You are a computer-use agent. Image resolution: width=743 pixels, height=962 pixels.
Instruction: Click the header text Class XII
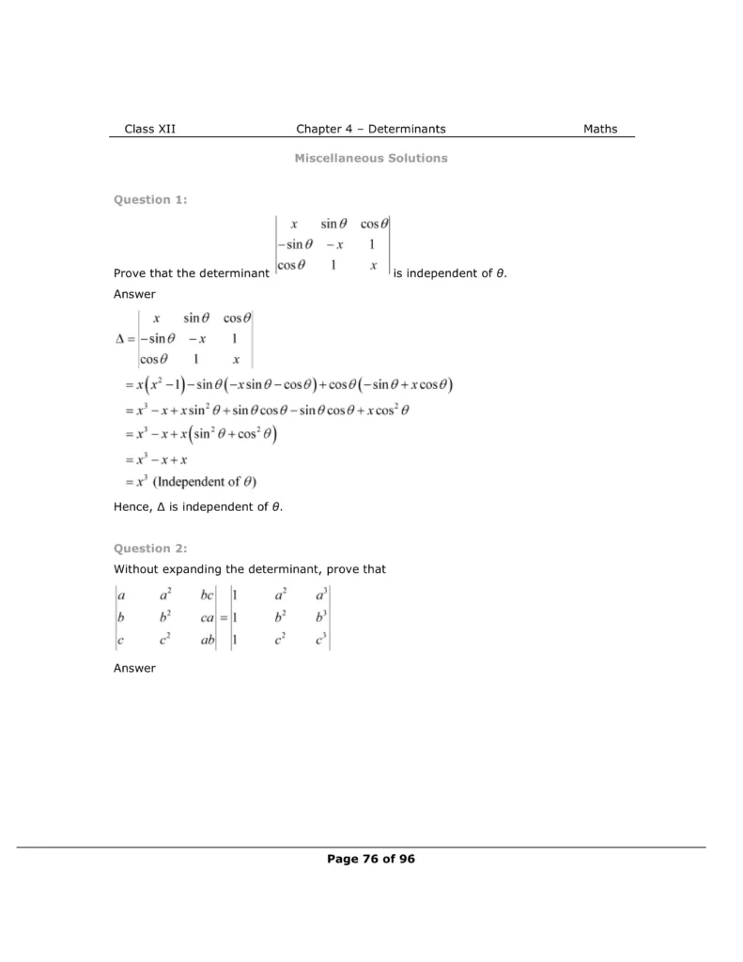[149, 129]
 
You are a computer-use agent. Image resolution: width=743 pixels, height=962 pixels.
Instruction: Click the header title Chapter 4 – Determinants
[370, 129]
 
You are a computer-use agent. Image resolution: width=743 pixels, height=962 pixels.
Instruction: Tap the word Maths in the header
[600, 129]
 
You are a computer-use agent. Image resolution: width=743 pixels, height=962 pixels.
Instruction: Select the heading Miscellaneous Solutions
[371, 158]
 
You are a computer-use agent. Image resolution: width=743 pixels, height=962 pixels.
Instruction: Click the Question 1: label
[150, 199]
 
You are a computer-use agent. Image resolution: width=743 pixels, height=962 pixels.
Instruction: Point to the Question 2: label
[150, 548]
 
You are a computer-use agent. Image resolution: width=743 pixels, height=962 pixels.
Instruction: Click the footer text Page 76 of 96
[371, 859]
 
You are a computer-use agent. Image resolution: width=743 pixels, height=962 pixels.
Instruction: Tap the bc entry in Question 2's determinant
[208, 595]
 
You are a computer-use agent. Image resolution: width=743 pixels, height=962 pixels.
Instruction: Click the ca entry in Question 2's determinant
[208, 618]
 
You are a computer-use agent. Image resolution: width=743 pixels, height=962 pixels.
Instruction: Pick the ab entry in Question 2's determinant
[208, 642]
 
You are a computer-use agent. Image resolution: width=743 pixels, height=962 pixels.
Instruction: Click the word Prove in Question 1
[131, 273]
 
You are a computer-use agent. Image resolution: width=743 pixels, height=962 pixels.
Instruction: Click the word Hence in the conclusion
[131, 507]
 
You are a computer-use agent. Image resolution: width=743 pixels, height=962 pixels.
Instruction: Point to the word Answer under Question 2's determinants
[133, 669]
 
